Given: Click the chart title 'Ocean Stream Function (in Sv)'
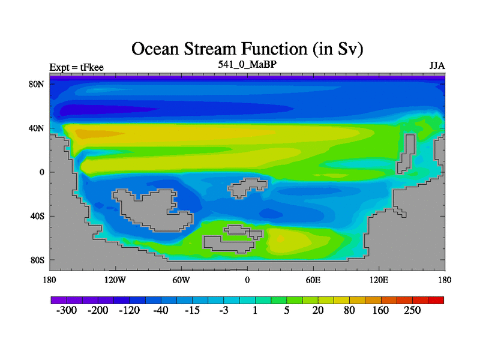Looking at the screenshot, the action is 247,49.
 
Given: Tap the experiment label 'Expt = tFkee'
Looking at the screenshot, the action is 77,67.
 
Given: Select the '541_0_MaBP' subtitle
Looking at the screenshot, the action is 247,64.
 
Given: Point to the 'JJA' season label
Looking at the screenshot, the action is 437,66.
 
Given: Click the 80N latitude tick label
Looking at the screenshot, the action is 37,84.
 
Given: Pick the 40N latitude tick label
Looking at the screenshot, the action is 37,128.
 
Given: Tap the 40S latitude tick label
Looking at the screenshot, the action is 37,216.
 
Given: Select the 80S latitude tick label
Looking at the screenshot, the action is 37,260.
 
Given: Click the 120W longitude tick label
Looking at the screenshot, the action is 115,280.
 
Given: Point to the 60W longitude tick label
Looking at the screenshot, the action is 181,280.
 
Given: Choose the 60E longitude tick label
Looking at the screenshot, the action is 313,280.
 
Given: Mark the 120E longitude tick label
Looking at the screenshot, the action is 379,280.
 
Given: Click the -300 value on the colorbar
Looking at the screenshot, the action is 67,310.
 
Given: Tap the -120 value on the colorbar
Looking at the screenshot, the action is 129,310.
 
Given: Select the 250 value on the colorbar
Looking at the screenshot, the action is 412,310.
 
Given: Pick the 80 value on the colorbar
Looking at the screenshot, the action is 349,310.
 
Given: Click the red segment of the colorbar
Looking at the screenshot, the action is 436,300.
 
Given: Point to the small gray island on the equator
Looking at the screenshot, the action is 247,188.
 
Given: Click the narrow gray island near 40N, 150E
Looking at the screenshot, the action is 406,154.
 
